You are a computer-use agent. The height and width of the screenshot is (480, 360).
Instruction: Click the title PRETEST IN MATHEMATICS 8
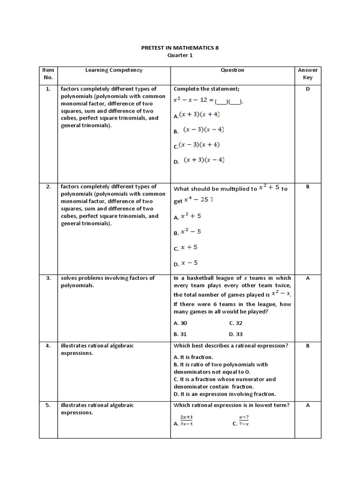(180, 48)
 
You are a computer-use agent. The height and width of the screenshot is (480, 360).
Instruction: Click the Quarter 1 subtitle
(180, 55)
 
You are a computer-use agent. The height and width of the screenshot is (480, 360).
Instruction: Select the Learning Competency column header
(113, 70)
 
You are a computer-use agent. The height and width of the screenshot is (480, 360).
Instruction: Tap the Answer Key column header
(307, 74)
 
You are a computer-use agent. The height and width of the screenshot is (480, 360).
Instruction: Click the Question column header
(232, 70)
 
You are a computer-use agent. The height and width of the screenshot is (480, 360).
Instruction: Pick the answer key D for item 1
(307, 89)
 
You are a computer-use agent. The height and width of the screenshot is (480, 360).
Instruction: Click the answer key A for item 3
(307, 278)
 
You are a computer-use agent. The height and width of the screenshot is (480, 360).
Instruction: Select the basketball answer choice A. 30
(180, 323)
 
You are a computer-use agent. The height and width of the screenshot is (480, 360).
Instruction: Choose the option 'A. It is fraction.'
(193, 357)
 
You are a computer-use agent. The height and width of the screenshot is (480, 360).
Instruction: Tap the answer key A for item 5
(307, 405)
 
